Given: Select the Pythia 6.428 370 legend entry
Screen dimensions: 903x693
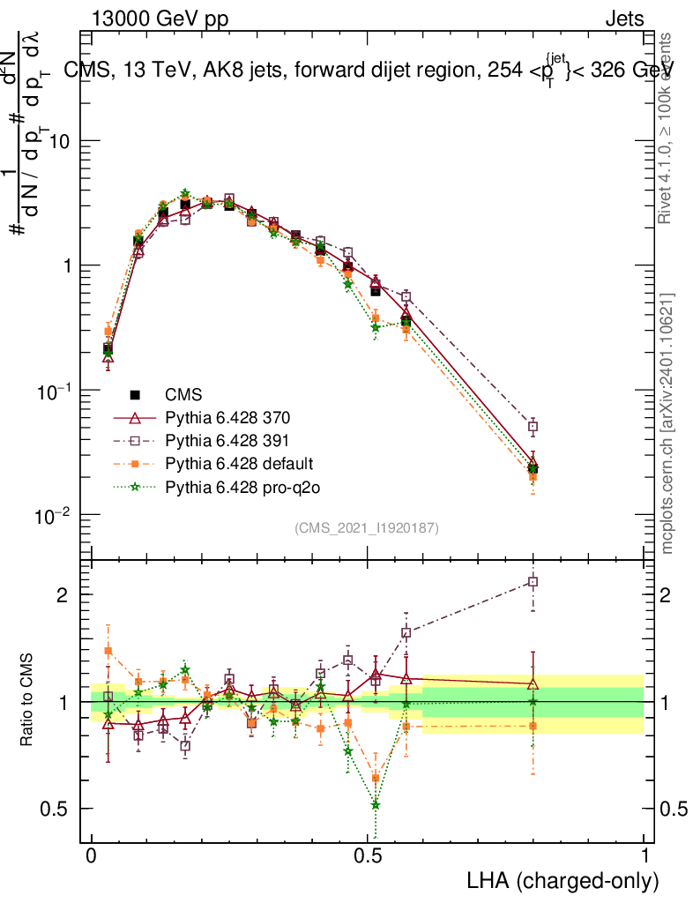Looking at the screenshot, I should [x=211, y=417].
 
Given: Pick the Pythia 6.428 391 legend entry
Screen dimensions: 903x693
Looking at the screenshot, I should [x=211, y=440].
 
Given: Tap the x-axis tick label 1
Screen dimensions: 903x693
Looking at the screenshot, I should [x=644, y=856].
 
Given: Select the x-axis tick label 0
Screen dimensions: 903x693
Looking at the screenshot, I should [x=92, y=856].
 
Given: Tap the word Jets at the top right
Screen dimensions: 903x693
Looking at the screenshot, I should [x=623, y=19].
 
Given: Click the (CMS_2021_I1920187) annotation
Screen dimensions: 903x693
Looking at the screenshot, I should [x=367, y=527].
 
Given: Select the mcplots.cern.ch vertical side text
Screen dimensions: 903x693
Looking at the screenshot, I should [x=668, y=423].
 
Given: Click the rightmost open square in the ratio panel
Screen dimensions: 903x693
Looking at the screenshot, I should [x=533, y=582].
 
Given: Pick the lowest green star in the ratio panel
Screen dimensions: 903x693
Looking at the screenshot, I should [x=376, y=804].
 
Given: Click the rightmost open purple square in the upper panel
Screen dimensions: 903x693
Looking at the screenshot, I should [x=533, y=427].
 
